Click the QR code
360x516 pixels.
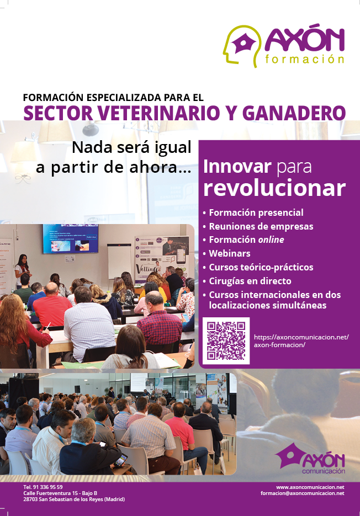coord(226,341)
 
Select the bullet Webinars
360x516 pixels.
coord(230,253)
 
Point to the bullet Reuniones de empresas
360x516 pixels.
coord(258,226)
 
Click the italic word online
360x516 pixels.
coord(271,240)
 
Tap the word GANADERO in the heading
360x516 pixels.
coord(294,113)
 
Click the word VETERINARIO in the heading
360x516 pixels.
coord(159,113)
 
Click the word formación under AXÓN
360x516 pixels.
coord(305,59)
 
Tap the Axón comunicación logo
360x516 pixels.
coord(310,459)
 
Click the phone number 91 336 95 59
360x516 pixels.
coord(47,487)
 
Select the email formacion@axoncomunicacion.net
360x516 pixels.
coord(303,493)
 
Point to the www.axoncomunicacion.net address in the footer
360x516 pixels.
coord(310,487)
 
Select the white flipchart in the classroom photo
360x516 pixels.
coord(120,261)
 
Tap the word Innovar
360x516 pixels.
coord(237,167)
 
